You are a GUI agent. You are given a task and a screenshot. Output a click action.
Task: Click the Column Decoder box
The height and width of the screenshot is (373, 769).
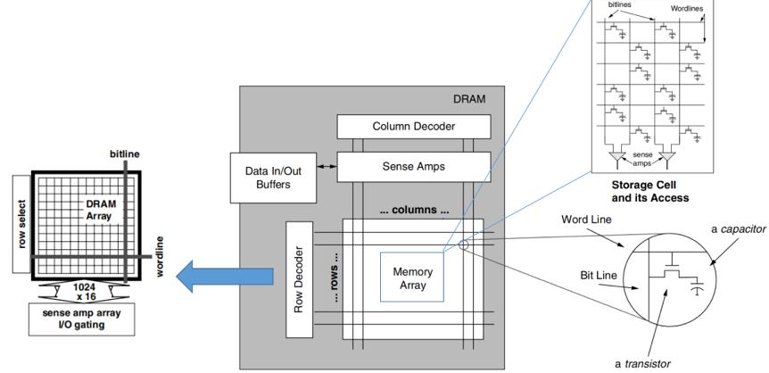(x=413, y=127)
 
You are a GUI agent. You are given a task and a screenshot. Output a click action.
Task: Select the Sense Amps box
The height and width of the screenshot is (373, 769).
(x=413, y=166)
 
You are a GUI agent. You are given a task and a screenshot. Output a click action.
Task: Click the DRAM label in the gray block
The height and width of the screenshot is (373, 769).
(x=470, y=99)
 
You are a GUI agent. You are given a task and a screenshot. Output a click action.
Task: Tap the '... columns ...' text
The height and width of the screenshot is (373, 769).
(x=413, y=211)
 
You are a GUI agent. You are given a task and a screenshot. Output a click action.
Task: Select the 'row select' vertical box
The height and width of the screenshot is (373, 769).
(x=21, y=214)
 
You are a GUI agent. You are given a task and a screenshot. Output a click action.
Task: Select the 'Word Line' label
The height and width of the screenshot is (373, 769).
(x=585, y=219)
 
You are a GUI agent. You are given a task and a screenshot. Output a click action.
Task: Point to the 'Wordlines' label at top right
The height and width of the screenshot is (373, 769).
(x=687, y=9)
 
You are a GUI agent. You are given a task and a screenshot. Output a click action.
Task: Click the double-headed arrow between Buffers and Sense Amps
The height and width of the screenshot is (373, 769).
(x=324, y=166)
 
